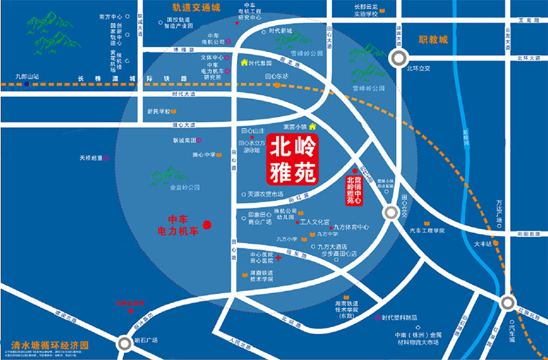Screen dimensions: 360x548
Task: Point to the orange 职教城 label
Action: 433,40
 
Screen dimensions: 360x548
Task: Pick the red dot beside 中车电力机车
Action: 207,225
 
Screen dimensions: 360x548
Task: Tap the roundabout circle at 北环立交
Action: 398,59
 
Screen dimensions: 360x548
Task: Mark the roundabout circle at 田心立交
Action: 390,213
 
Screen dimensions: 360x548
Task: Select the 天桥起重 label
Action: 91,157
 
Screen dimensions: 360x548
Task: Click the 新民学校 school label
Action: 158,111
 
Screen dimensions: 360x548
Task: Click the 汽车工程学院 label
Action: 427,230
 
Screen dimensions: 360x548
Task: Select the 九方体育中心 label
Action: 351,227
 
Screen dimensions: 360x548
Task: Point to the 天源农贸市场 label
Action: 265,194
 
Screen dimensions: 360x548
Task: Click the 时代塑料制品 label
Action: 399,317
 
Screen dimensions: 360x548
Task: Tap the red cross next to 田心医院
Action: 278,258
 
